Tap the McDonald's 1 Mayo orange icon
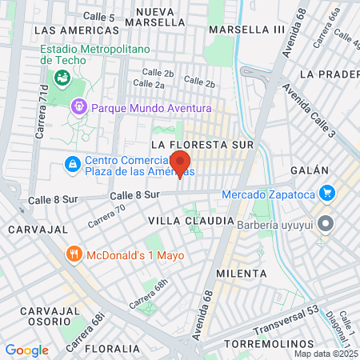pyautogui.click(x=74, y=256)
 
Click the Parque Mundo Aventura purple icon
pyautogui.click(x=78, y=107)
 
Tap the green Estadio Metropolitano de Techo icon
pyautogui.click(x=62, y=78)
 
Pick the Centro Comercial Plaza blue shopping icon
pyautogui.click(x=72, y=164)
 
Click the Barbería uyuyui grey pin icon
pyautogui.click(x=325, y=223)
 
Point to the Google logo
pyautogui.click(x=26, y=350)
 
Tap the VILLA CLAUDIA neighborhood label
pyautogui.click(x=181, y=219)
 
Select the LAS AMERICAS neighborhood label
pyautogui.click(x=72, y=30)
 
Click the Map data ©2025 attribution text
pyautogui.click(x=326, y=354)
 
